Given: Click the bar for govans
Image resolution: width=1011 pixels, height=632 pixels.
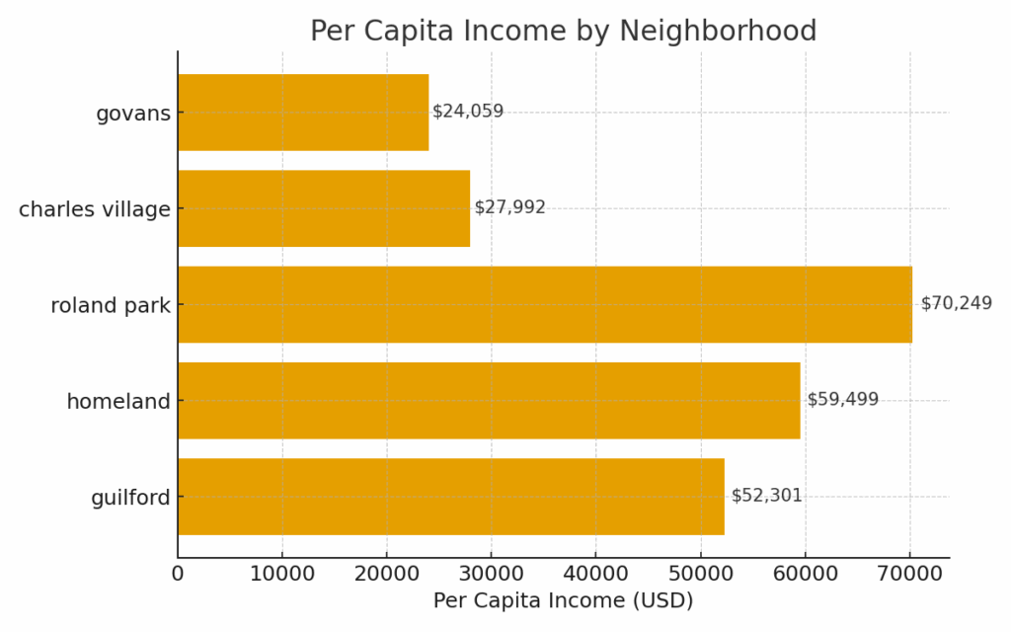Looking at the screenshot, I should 303,113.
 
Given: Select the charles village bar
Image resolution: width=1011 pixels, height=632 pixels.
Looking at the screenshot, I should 324,208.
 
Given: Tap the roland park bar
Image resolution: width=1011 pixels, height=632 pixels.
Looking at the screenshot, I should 544,304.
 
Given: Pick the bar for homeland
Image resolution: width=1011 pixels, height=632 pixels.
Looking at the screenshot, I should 489,400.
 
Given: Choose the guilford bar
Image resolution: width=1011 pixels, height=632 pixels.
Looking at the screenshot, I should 450,497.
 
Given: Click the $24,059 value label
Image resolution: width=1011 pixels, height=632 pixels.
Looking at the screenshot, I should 468,112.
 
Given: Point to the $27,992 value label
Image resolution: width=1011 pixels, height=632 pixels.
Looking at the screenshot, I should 509,207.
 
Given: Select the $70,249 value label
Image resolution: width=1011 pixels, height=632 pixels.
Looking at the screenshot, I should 956,303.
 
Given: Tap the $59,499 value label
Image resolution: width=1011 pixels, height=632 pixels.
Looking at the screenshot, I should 842,400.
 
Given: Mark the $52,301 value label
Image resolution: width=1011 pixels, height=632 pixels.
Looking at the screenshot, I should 766,496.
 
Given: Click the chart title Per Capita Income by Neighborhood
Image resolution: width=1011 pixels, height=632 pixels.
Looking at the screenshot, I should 563,32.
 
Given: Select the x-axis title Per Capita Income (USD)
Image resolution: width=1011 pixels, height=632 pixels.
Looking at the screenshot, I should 563,600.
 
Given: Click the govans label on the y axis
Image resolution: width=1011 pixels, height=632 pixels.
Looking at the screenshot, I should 132,114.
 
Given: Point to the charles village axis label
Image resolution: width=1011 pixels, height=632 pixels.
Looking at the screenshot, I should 95,209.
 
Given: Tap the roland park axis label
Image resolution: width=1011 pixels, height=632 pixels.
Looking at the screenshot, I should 111,306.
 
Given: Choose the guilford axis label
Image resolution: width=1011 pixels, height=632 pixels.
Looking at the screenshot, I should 130,498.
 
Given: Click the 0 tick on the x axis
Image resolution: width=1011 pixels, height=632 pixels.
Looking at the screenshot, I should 178,573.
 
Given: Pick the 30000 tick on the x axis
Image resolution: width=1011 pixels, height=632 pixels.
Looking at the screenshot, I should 492,573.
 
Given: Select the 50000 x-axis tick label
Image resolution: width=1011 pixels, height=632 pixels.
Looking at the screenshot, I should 700,573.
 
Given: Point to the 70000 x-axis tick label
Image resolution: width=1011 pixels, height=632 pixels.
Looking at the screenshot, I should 909,573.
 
